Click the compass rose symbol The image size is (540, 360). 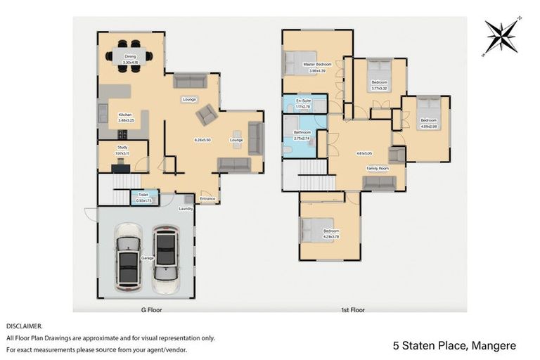click(x=501, y=36)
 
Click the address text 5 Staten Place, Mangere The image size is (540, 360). click(x=454, y=345)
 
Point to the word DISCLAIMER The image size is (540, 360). click(x=25, y=326)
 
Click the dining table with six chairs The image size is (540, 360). click(x=129, y=56)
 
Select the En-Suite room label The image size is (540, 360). click(x=303, y=101)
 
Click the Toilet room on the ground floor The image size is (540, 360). click(x=143, y=198)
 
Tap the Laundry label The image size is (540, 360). click(x=186, y=208)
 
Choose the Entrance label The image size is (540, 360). click(x=207, y=198)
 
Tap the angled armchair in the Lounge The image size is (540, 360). click(x=207, y=115)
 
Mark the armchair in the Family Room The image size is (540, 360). click(x=397, y=154)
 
